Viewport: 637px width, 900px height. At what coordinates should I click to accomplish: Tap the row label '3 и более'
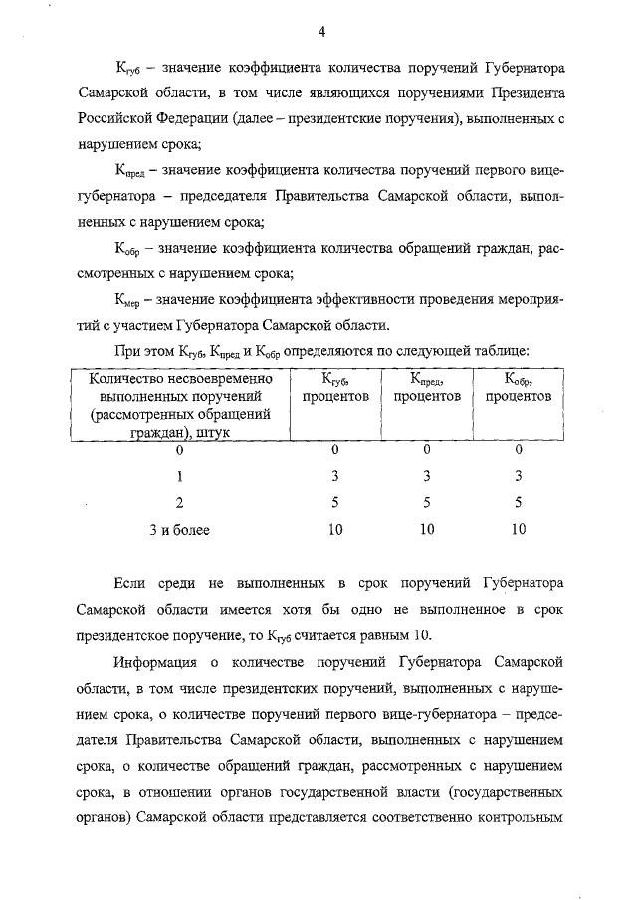(179, 530)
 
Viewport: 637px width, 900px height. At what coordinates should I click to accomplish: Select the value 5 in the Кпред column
(426, 503)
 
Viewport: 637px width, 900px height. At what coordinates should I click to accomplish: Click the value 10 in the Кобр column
(518, 530)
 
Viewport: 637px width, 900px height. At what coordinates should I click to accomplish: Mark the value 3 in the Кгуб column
(335, 476)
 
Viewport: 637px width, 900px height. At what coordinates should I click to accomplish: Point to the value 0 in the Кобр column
(518, 450)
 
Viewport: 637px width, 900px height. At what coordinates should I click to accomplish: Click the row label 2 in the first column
(179, 503)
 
